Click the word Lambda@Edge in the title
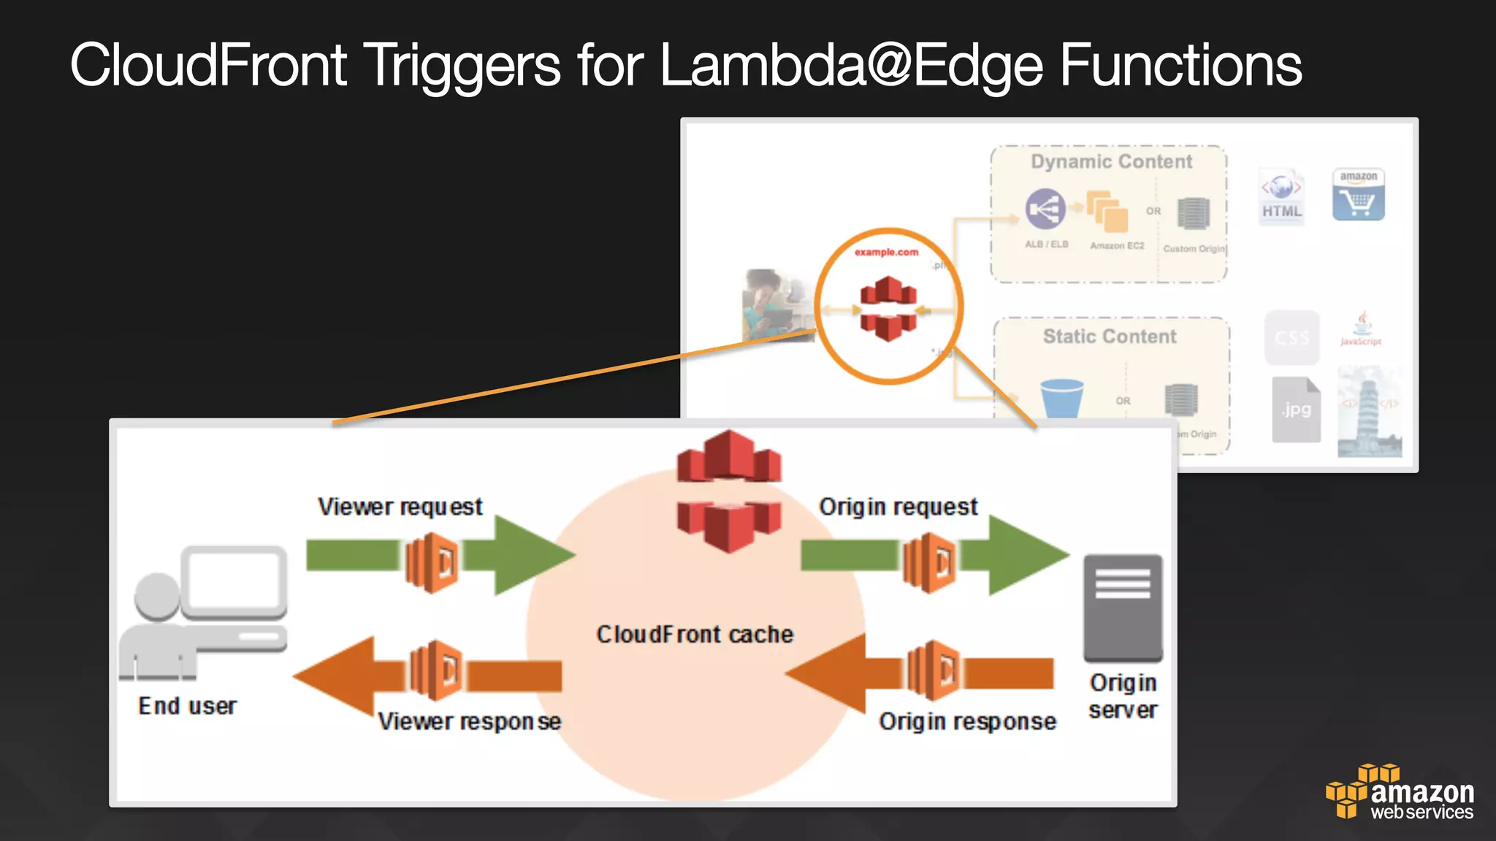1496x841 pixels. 852,66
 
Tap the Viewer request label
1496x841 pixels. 400,507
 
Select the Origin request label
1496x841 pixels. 898,507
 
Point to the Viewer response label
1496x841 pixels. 469,721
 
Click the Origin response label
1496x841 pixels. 967,721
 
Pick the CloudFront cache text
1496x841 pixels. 695,634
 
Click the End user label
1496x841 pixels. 188,706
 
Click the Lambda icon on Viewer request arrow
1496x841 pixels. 432,562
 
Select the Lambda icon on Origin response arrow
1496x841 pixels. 933,669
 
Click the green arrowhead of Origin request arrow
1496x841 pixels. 1026,555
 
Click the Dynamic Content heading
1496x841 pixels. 1111,161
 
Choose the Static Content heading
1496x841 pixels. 1110,337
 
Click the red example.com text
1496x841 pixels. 886,252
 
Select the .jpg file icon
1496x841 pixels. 1296,410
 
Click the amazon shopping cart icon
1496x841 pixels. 1358,195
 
